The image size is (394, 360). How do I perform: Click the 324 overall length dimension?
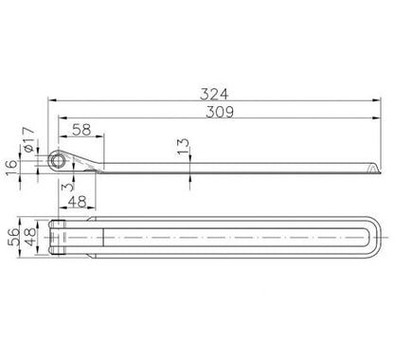pyautogui.click(x=214, y=94)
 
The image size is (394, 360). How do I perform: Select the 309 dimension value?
pyautogui.click(x=220, y=112)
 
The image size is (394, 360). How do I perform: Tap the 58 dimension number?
pyautogui.click(x=81, y=130)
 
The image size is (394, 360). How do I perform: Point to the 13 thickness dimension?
pyautogui.click(x=183, y=146)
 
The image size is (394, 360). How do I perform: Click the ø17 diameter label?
pyautogui.click(x=28, y=139)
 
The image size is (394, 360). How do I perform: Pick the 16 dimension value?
pyautogui.click(x=11, y=168)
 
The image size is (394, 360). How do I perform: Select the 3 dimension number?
pyautogui.click(x=67, y=187)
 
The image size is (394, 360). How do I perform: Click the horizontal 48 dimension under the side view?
pyautogui.click(x=78, y=202)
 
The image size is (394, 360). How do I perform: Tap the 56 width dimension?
pyautogui.click(x=13, y=237)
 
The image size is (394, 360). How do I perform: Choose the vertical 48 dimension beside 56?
pyautogui.click(x=30, y=237)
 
